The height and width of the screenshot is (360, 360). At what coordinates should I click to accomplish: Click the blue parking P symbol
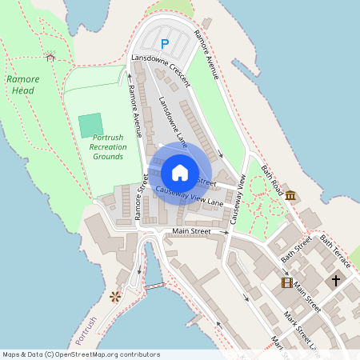(x=165, y=44)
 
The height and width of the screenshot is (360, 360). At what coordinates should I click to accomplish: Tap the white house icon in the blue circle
(x=180, y=172)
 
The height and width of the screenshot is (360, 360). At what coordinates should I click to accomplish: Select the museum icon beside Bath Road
(x=289, y=196)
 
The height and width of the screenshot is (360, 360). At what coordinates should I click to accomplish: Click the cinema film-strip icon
(x=286, y=282)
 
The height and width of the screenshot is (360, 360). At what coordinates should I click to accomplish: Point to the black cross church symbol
(x=336, y=281)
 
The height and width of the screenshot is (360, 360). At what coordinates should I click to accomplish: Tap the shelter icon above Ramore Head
(x=50, y=57)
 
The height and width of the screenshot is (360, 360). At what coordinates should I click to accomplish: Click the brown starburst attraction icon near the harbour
(x=115, y=296)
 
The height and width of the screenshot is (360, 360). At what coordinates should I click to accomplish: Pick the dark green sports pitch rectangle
(x=91, y=125)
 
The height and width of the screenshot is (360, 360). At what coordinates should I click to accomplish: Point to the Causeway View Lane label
(x=190, y=197)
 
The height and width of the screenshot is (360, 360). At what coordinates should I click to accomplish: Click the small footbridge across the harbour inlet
(x=154, y=286)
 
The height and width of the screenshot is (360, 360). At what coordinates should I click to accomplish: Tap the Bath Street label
(x=295, y=250)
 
